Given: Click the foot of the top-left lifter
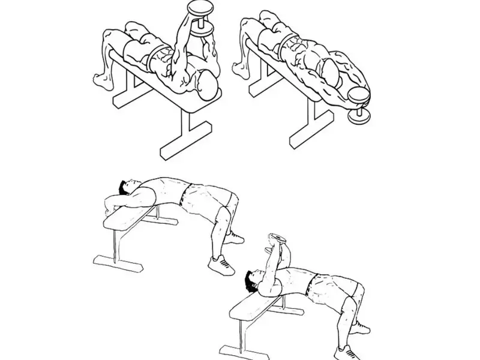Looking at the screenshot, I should click(103, 77).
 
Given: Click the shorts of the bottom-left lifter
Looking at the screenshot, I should click(205, 198).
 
